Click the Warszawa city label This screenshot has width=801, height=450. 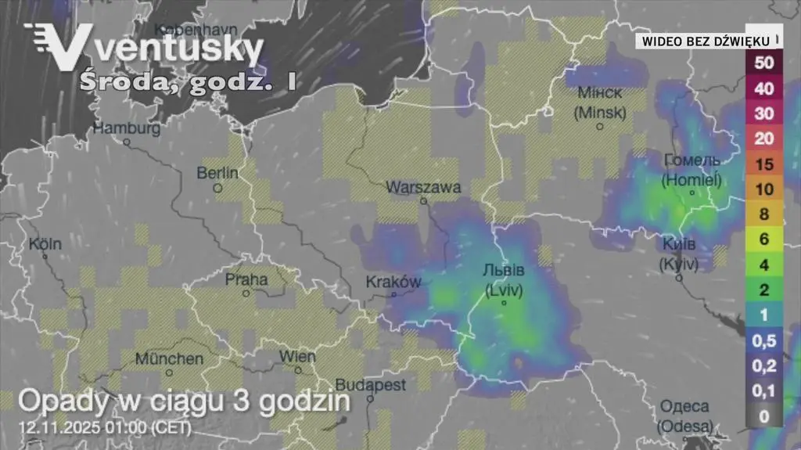pyautogui.click(x=423, y=187)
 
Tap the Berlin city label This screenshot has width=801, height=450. pyautogui.click(x=217, y=172)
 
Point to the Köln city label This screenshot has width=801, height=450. pyautogui.click(x=45, y=243)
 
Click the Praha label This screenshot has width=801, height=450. pyautogui.click(x=246, y=279)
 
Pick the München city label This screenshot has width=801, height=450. pyautogui.click(x=169, y=358)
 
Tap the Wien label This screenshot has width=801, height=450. pyautogui.click(x=297, y=357)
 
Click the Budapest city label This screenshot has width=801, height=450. pyautogui.click(x=370, y=385)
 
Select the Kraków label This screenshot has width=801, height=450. pyautogui.click(x=393, y=282)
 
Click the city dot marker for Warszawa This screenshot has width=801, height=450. pyautogui.click(x=424, y=200)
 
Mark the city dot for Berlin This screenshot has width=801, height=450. pyautogui.click(x=218, y=188)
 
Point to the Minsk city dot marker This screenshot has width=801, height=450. pyautogui.click(x=600, y=126)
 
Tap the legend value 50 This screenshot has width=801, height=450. pyautogui.click(x=764, y=62)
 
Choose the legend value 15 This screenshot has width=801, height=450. pyautogui.click(x=764, y=164)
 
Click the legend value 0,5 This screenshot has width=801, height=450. pyautogui.click(x=764, y=340)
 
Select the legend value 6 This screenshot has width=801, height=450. pyautogui.click(x=764, y=239)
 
